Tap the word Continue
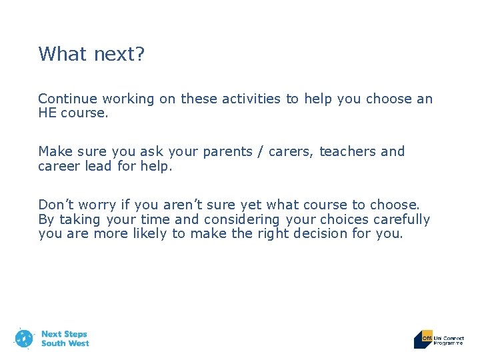[x=66, y=99]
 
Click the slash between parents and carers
[x=270, y=152]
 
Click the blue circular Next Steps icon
[x=24, y=339]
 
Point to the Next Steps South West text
[x=64, y=339]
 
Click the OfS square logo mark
[x=423, y=339]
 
